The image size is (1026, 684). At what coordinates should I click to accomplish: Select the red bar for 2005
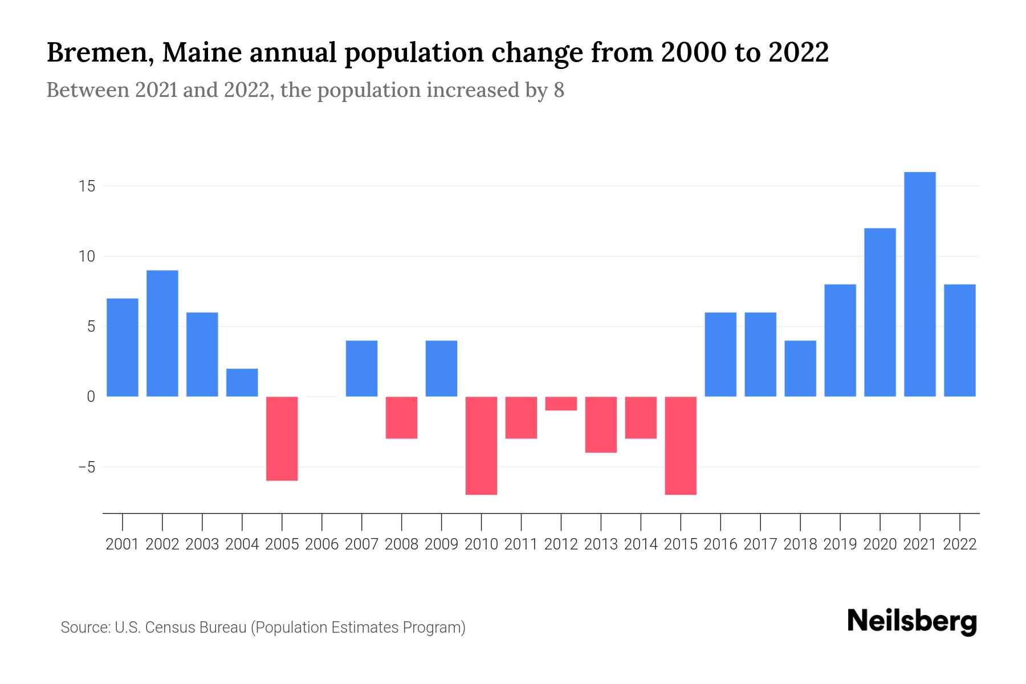282,438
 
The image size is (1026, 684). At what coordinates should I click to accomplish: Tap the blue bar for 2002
162,333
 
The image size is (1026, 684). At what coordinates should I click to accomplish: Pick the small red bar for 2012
561,404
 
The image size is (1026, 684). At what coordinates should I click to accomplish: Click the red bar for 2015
681,445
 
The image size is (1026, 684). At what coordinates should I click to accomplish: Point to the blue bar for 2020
880,312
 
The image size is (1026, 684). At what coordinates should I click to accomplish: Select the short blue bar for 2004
242,382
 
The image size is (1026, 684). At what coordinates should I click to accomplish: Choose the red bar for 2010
481,445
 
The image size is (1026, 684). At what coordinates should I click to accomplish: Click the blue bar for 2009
441,368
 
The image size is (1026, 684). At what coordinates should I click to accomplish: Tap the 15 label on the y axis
87,186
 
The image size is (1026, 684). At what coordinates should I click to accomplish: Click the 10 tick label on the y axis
87,256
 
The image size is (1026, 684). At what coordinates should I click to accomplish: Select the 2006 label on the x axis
322,544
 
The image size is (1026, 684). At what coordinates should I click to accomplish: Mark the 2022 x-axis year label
960,544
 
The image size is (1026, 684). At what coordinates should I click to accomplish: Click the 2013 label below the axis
601,544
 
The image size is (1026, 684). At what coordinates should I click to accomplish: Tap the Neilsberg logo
912,621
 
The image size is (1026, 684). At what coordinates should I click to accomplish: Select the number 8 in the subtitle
559,90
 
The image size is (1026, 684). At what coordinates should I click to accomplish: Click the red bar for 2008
401,417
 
